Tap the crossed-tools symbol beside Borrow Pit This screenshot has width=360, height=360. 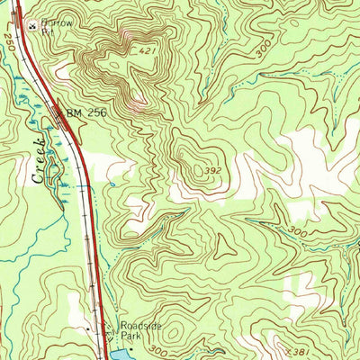[33, 27]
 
